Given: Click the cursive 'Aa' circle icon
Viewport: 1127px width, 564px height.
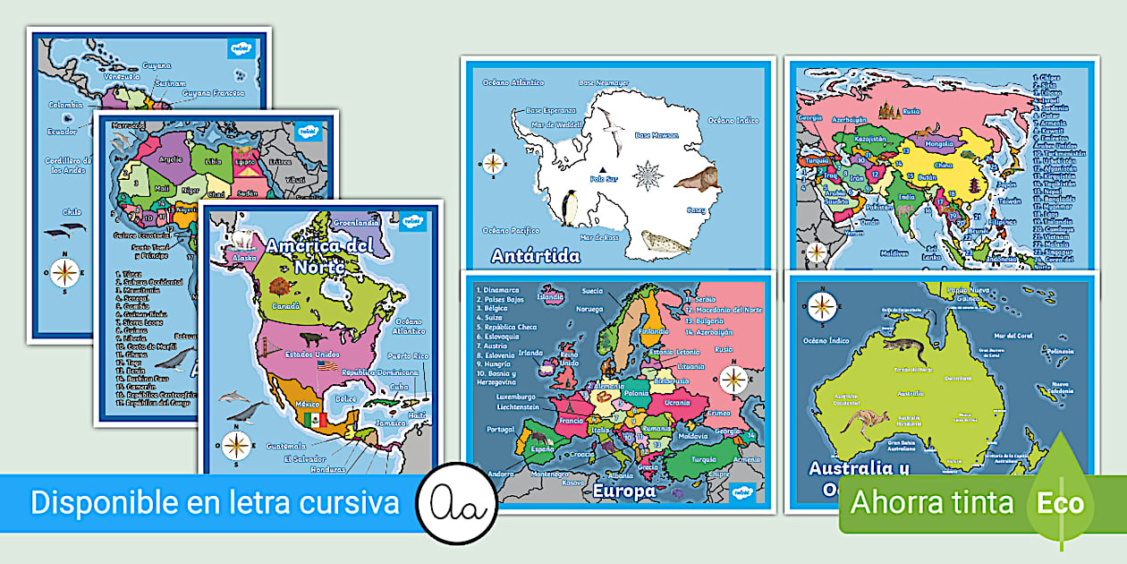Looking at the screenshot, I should point(457,503).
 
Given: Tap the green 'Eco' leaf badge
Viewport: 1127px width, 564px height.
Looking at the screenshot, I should point(1061,501).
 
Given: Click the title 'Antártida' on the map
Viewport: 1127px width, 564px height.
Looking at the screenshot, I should point(536,256).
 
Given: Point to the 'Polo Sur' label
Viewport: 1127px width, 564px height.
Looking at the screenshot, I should point(604,178).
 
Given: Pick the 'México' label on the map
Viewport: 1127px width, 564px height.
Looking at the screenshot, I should point(283,404).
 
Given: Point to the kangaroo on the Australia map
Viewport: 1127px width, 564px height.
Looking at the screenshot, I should point(863,419).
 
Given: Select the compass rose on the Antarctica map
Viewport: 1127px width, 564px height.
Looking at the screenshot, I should point(493,164).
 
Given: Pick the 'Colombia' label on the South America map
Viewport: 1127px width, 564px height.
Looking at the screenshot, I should point(65,105).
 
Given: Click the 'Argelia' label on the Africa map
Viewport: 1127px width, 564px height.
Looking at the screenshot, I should point(170,158).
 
